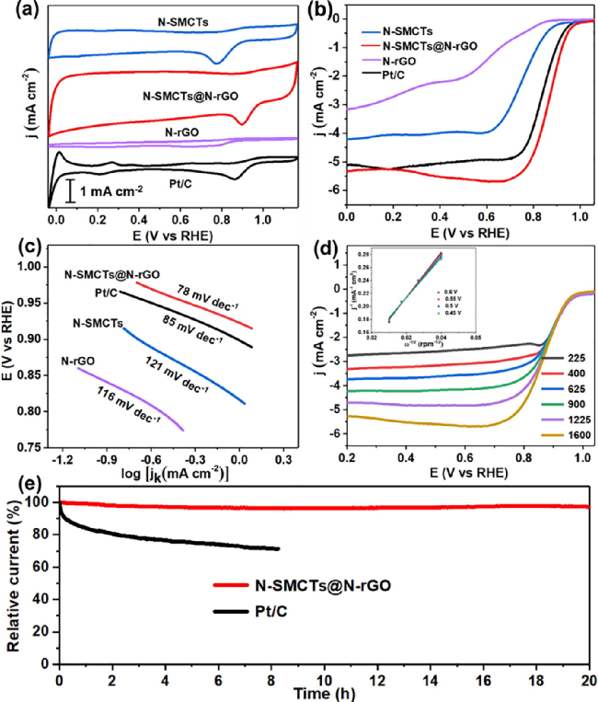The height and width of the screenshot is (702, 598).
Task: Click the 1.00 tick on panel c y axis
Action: (32, 267)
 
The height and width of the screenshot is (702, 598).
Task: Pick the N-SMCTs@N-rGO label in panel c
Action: (111, 274)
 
